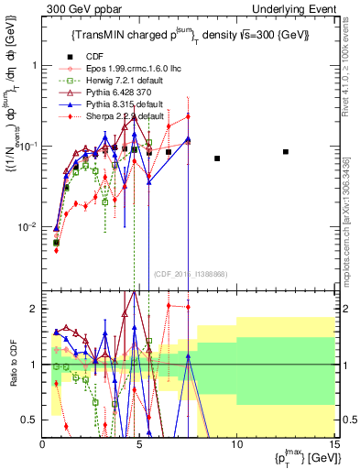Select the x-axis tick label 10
coord(236,444)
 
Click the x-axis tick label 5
coord(139,444)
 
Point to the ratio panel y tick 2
coord(33,309)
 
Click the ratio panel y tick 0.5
coord(30,420)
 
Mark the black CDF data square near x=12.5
coord(286,152)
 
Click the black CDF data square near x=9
coord(217,158)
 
